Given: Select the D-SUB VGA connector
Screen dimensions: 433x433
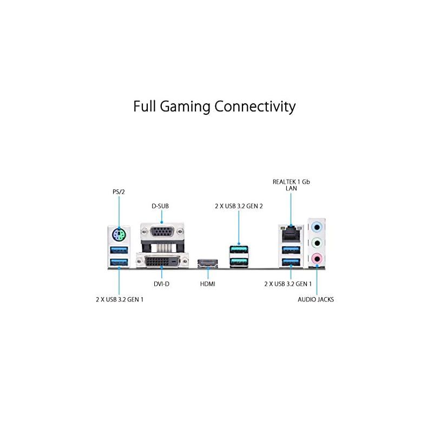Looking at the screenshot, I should point(161,233).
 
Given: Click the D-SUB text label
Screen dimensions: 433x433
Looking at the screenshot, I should point(161,206).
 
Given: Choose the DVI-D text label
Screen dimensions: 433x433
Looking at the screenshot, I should point(161,284).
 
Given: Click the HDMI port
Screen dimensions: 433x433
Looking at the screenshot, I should point(207,264).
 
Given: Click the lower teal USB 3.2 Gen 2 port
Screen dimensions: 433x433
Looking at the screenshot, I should point(238,263).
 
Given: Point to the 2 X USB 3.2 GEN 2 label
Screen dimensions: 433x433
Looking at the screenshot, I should point(238,206).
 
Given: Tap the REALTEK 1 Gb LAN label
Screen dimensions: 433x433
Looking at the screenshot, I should point(291,185).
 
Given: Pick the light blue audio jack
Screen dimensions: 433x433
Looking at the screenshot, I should point(317,226).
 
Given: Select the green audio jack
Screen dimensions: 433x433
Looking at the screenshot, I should point(317,242).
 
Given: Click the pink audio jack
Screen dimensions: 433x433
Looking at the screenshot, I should point(317,259).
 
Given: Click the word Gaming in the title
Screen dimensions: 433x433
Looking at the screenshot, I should point(191,107).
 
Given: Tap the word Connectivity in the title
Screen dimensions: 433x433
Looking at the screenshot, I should point(255,106).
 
